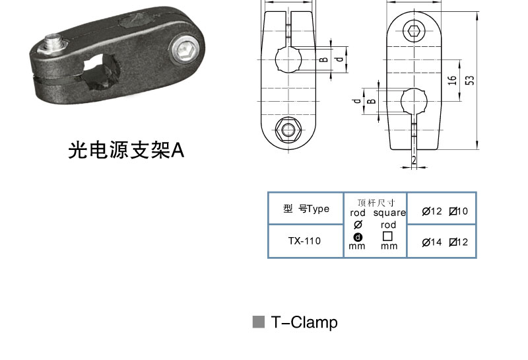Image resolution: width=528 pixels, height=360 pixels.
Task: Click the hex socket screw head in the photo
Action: (185, 50)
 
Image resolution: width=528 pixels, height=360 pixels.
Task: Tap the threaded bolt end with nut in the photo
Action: (53, 44)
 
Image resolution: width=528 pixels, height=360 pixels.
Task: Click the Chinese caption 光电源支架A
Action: (126, 150)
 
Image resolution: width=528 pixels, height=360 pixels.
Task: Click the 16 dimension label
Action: (452, 80)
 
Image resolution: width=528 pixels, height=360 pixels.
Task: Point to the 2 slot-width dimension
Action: (414, 160)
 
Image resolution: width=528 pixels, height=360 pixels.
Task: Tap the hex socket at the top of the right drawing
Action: (414, 31)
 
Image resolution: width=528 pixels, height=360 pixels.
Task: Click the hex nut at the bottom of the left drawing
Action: (288, 129)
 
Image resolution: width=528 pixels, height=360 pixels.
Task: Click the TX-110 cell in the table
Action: (304, 241)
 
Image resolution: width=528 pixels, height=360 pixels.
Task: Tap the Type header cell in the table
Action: (306, 209)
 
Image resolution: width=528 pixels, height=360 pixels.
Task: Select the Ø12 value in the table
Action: (432, 211)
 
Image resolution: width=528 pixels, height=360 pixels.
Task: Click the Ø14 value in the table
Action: (432, 242)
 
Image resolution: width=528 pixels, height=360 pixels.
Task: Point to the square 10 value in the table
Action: (459, 211)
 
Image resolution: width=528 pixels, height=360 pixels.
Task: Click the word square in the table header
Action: (389, 213)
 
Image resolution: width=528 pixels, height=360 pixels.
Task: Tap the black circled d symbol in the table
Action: (358, 237)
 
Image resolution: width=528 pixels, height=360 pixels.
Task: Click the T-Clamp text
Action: (304, 322)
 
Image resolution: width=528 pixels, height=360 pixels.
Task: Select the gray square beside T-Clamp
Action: (259, 322)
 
